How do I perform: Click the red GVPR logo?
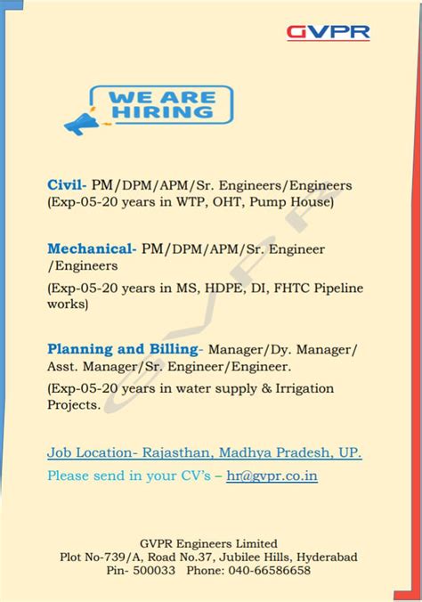point(328,33)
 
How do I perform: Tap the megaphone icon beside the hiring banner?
point(82,122)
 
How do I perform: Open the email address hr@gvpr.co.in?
point(272,476)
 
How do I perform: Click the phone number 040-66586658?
point(267,571)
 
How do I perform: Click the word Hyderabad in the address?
point(326,557)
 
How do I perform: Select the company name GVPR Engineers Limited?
point(209,542)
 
